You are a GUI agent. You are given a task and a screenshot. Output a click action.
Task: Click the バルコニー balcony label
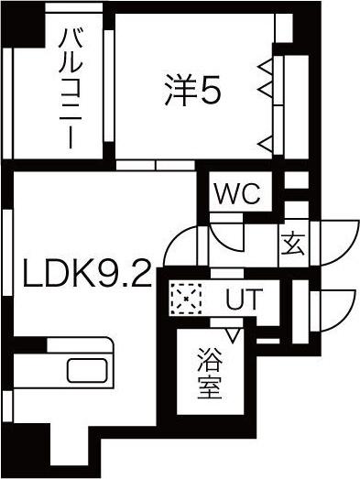tap(71, 89)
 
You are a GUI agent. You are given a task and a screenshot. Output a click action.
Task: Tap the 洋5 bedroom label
tap(192, 90)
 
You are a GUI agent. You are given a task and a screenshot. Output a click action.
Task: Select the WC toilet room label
tap(237, 193)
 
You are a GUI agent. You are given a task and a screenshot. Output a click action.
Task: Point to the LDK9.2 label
tap(87, 273)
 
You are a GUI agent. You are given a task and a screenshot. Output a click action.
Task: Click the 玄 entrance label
tap(293, 245)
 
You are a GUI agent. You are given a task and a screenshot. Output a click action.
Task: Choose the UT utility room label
tap(244, 299)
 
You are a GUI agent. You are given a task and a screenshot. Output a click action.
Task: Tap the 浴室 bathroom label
tap(210, 374)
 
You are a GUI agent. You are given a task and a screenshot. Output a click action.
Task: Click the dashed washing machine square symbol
tap(186, 299)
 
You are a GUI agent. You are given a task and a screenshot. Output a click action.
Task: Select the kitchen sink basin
tap(87, 370)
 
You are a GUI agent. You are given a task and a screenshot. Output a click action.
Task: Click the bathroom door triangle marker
tap(234, 335)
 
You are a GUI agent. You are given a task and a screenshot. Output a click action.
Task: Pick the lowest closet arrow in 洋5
tap(266, 144)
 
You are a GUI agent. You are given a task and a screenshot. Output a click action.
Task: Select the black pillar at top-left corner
tap(23, 25)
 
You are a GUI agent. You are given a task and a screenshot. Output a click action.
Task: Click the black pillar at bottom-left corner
tap(26, 449)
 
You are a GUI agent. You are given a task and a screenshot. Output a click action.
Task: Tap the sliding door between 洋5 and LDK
tap(156, 165)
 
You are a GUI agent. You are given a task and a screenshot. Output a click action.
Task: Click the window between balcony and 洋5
tap(109, 86)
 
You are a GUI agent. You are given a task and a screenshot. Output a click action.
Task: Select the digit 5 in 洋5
tap(210, 91)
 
